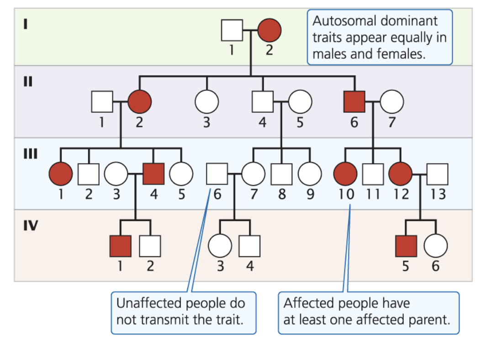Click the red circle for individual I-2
270,31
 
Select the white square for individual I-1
232,31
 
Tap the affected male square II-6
354,101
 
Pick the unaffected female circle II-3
207,101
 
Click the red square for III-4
153,174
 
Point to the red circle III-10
345,174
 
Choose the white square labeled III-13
438,174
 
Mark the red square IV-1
121,246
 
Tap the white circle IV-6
436,246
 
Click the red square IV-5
406,246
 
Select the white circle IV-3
220,246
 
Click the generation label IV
31,226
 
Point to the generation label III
31,154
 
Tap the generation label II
28,82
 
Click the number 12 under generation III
401,194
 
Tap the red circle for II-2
140,101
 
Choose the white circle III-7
254,174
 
